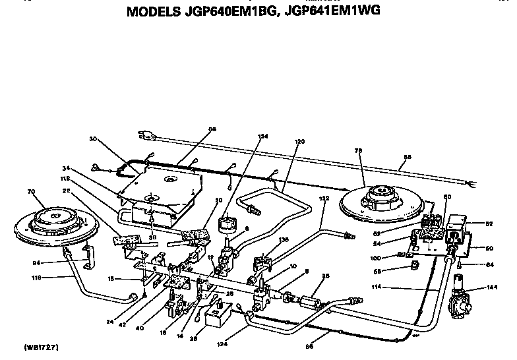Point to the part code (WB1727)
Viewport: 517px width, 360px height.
pyautogui.click(x=40, y=346)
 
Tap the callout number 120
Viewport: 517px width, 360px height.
pyautogui.click(x=300, y=142)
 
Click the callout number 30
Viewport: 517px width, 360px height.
pyautogui.click(x=92, y=139)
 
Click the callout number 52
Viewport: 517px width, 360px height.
pyautogui.click(x=489, y=224)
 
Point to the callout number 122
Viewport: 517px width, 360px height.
pyautogui.click(x=324, y=198)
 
